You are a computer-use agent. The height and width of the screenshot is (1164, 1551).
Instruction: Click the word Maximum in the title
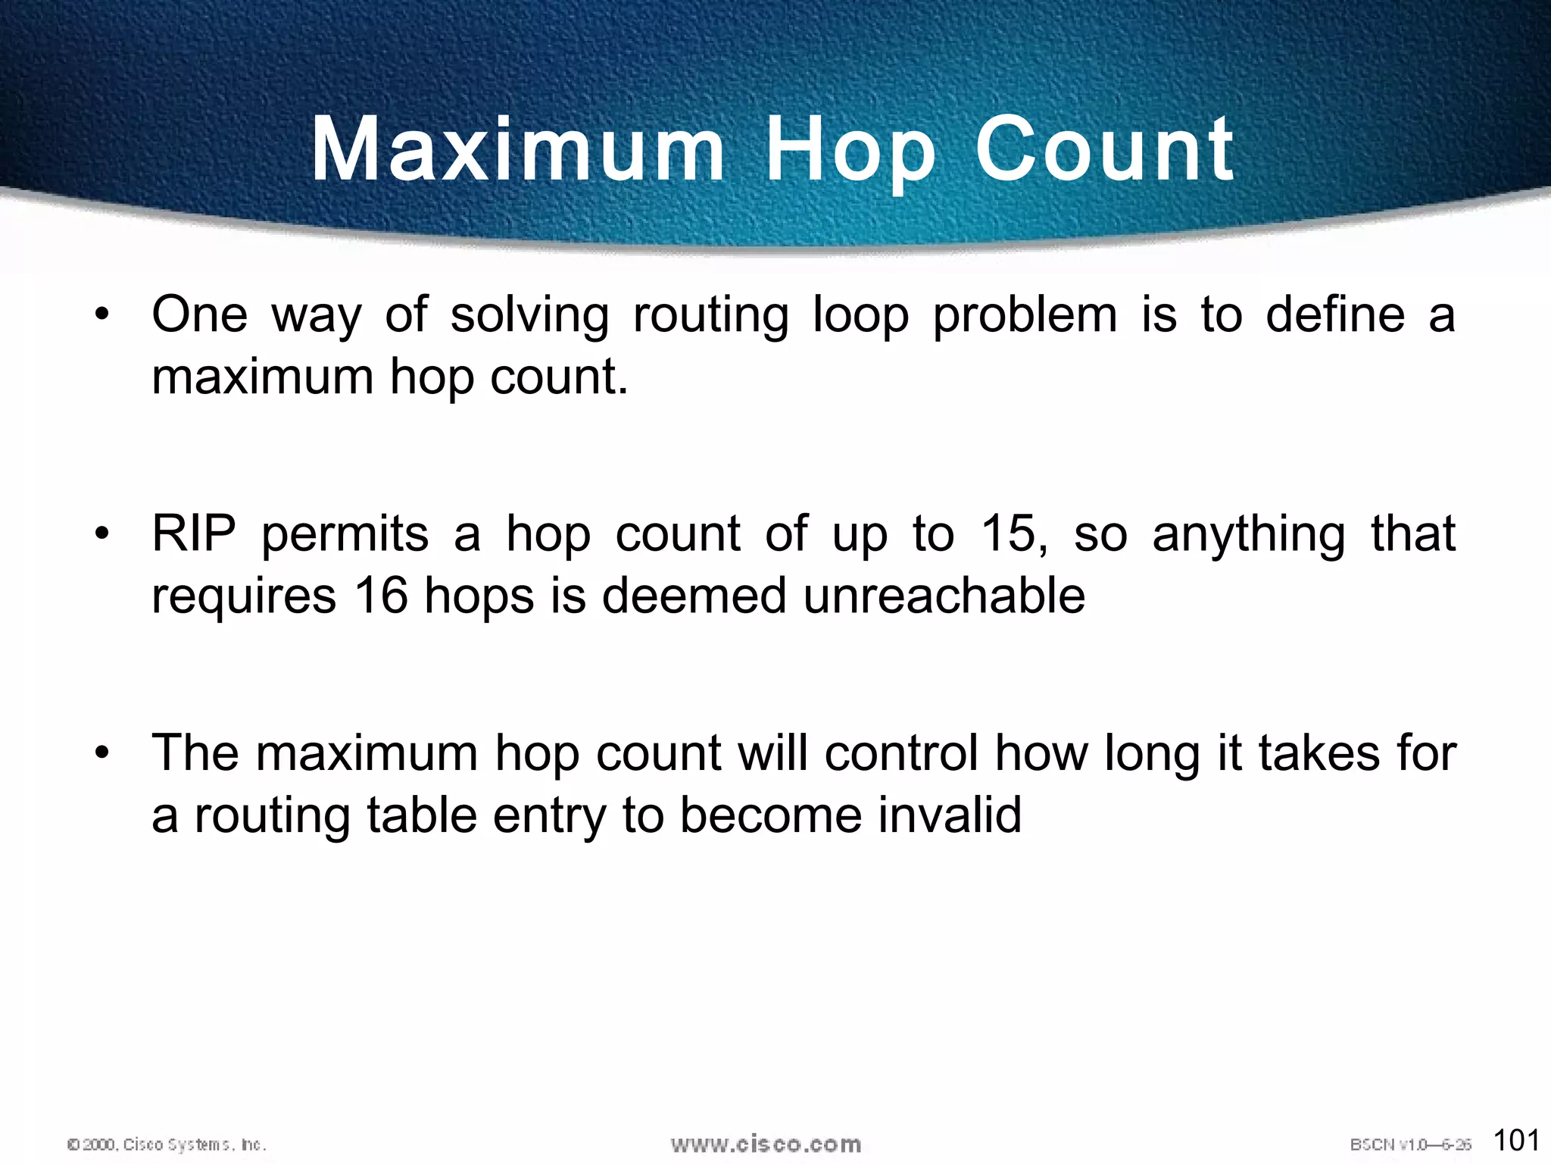point(518,149)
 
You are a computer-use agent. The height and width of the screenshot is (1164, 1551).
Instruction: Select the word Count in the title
point(1104,149)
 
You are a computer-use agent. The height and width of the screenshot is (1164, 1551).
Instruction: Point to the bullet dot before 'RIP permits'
point(102,533)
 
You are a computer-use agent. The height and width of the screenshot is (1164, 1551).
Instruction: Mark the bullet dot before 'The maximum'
point(102,753)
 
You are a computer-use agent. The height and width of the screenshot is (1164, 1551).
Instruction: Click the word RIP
point(194,533)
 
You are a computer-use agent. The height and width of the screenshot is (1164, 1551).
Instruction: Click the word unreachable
point(944,596)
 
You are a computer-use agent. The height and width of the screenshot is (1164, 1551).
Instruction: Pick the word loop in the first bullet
point(860,315)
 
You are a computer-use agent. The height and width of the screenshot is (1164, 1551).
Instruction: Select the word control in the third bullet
point(901,753)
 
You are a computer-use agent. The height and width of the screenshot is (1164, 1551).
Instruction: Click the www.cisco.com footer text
point(766,1144)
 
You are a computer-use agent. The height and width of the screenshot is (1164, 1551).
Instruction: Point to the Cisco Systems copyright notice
point(167,1144)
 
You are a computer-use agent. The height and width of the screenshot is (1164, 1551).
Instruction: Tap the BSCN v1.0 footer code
point(1410,1144)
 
